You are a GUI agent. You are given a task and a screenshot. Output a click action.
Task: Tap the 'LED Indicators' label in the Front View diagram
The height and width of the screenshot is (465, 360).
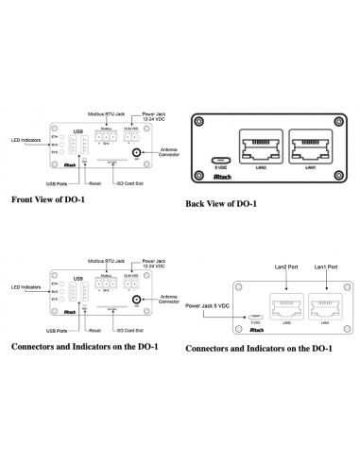26,141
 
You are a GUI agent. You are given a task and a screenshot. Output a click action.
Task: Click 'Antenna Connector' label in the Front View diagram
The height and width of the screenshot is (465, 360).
170,152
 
